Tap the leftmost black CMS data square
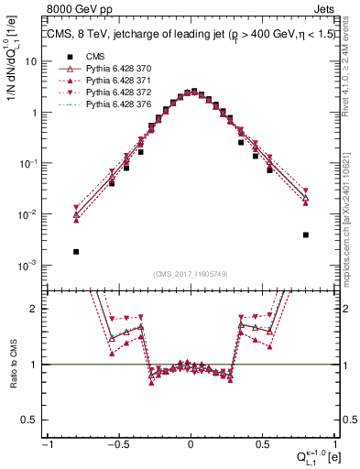tap(76, 251)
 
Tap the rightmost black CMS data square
tap(305, 234)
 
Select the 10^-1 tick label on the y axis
tap(31, 163)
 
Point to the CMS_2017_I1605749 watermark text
tap(191, 274)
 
